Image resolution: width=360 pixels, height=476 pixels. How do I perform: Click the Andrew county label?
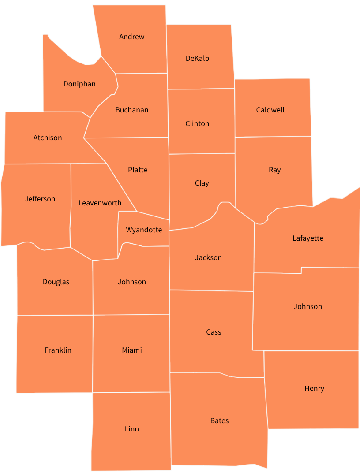[131, 37]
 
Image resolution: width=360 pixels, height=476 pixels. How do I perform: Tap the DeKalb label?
[197, 59]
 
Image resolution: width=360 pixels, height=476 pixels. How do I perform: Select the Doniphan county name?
[79, 84]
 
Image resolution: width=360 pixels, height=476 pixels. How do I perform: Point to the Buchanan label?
[131, 110]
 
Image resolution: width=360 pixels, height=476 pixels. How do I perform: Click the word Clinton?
[197, 124]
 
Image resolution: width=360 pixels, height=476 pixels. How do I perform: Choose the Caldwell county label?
[270, 110]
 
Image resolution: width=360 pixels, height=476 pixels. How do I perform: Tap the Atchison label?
[48, 138]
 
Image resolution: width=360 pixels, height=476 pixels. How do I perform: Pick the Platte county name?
[138, 170]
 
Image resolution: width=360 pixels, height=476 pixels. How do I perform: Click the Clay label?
[202, 183]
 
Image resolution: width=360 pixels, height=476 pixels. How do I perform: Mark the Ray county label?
[274, 170]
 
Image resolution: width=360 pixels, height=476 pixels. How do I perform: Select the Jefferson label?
[40, 199]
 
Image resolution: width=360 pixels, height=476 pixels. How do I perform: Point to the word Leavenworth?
[100, 203]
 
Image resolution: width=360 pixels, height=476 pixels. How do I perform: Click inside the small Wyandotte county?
[144, 230]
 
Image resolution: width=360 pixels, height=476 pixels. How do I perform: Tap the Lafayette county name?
[307, 238]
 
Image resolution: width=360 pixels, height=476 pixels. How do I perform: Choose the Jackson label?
[208, 258]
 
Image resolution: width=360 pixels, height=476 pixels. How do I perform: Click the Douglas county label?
[56, 282]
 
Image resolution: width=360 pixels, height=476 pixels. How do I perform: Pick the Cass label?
[214, 332]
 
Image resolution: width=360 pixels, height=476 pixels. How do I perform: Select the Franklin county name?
[58, 350]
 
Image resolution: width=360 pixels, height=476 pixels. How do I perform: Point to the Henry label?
[314, 389]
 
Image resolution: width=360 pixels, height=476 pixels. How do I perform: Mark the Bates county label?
[219, 421]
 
